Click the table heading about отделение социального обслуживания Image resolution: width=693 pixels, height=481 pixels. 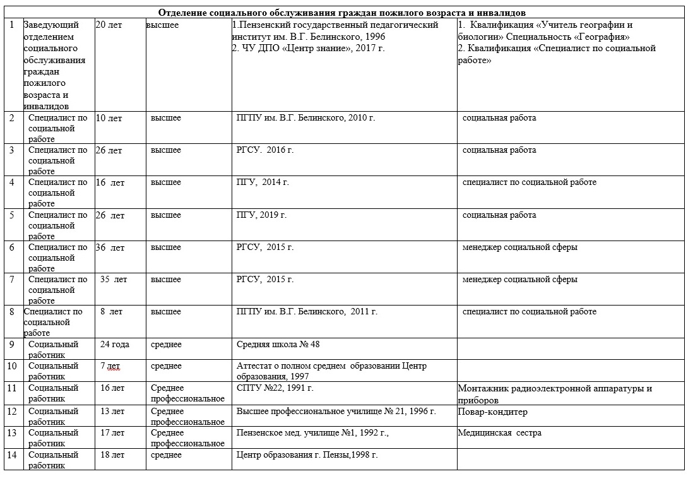coord(341,13)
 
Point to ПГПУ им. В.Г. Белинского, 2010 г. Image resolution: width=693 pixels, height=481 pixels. coord(305,118)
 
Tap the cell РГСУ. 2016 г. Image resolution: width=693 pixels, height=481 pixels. coord(265,150)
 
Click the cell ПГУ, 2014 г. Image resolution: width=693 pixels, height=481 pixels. coord(263,182)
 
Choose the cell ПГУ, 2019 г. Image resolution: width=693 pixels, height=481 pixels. coord(261,215)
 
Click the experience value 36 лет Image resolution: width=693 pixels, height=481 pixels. coord(110,247)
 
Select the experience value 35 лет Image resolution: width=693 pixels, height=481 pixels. coord(114,280)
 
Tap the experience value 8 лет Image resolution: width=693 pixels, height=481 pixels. coord(112,312)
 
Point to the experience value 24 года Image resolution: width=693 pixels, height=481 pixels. coord(114,345)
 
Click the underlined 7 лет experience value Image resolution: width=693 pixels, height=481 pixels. coord(110,366)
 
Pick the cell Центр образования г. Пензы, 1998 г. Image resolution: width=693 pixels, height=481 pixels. coord(307,455)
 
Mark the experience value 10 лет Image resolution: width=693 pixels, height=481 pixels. coord(109,118)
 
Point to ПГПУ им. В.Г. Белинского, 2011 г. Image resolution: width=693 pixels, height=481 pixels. coord(307,312)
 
